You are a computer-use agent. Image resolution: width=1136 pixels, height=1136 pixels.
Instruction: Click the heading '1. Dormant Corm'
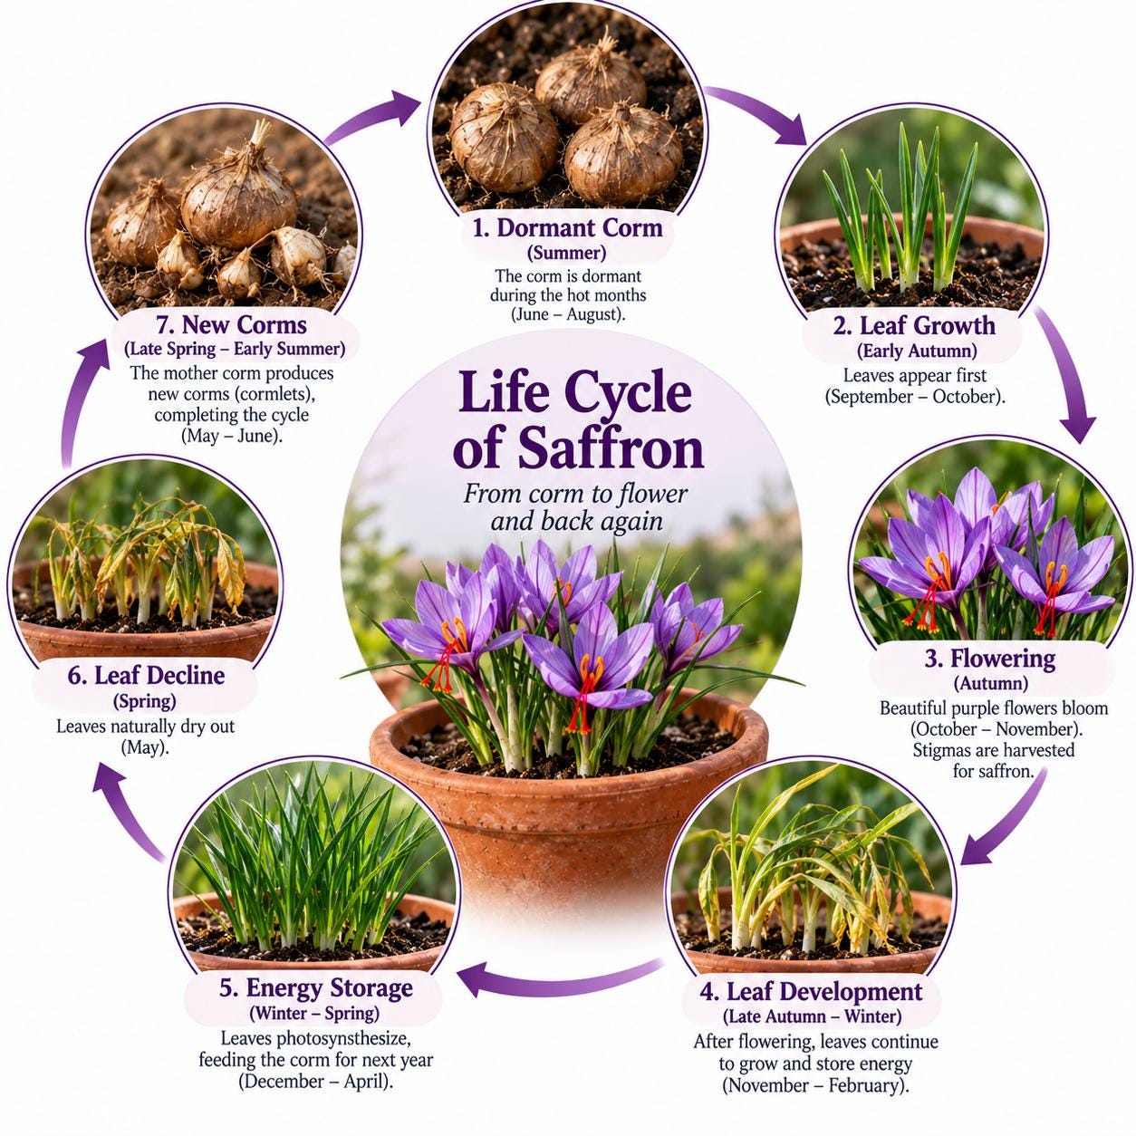tap(567, 227)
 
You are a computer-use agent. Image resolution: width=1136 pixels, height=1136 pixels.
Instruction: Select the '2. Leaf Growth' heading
tap(914, 326)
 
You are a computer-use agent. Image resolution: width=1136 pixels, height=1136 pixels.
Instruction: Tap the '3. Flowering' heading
tap(990, 659)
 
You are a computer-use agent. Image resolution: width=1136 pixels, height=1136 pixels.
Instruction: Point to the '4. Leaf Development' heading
tap(811, 992)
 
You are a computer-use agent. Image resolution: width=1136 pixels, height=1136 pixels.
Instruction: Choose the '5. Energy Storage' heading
tap(316, 987)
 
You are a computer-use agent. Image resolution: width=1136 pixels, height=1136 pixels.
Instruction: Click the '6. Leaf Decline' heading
tap(146, 676)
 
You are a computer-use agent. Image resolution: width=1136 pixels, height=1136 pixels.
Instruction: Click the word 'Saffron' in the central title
tap(611, 449)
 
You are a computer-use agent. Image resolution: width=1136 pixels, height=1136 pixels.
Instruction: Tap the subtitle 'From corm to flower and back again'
tap(574, 507)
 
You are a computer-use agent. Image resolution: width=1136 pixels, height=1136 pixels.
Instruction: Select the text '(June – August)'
tap(567, 314)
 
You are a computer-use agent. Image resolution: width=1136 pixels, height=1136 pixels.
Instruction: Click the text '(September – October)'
tap(915, 397)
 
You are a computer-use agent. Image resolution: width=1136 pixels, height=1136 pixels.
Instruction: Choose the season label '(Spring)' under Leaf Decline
tap(144, 701)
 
